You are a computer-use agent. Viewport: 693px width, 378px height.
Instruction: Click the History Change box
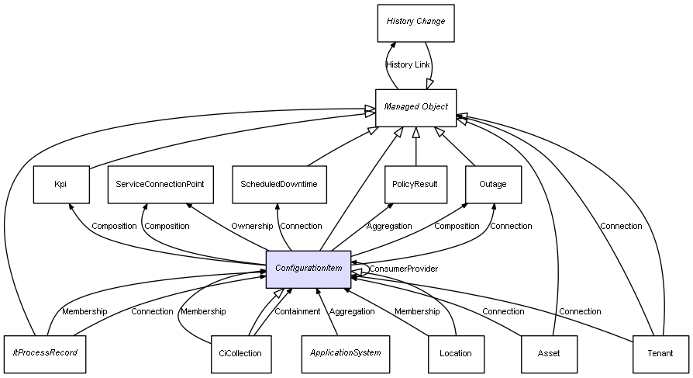point(415,23)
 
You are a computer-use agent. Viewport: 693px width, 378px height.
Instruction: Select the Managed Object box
point(415,107)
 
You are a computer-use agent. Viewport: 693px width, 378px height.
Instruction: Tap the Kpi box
point(60,185)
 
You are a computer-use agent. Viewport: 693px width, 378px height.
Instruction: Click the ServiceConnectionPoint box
point(160,185)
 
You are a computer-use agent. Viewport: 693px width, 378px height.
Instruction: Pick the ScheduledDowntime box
point(279,185)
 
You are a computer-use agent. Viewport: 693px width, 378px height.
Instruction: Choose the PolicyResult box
point(415,185)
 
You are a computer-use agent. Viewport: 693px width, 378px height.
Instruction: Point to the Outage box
point(493,185)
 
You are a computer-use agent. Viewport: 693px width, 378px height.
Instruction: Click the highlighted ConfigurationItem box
point(309,269)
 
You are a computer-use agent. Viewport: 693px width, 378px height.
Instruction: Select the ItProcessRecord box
point(45,353)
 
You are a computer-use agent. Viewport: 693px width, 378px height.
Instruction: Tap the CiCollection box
point(240,353)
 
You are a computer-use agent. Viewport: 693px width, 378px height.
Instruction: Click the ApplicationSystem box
point(346,353)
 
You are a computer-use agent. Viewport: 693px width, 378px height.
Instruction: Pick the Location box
point(456,353)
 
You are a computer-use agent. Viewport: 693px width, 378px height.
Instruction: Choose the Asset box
point(549,353)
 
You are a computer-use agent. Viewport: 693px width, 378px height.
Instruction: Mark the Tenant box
point(660,353)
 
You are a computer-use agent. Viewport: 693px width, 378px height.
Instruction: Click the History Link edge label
point(408,65)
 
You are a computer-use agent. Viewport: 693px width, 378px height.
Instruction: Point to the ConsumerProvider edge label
point(403,269)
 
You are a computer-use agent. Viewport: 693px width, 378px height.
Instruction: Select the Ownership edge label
point(252,227)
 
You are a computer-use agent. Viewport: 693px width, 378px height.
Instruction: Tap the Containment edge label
point(298,312)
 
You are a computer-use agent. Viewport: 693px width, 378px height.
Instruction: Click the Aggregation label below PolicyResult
point(389,227)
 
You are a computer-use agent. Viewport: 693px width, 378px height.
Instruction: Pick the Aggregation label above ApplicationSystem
point(352,312)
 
